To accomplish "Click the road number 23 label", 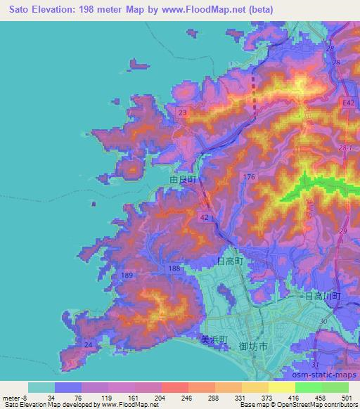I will (x=183, y=112).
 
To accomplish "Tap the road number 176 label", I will (x=248, y=174).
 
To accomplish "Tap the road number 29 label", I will (x=345, y=231).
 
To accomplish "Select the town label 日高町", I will (x=230, y=261).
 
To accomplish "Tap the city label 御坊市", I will (x=252, y=346).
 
